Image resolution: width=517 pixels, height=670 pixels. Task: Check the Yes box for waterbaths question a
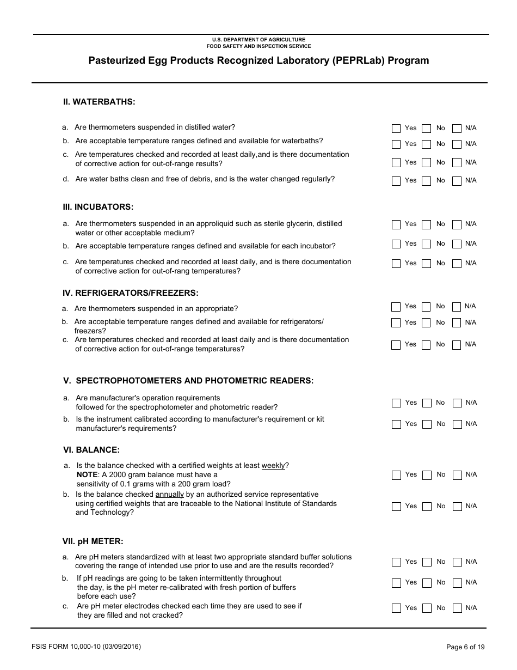[x=396, y=129]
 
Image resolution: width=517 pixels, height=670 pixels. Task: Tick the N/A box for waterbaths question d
[x=457, y=181]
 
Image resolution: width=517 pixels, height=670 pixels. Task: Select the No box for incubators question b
[x=427, y=244]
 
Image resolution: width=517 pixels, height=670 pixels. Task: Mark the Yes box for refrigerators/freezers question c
[x=396, y=345]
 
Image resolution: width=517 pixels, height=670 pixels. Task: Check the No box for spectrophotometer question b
[x=427, y=424]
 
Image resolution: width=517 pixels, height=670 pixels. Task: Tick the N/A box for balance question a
[x=457, y=475]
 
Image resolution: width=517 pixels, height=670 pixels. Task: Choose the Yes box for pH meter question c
[x=396, y=608]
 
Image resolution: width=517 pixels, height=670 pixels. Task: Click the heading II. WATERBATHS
[x=99, y=102]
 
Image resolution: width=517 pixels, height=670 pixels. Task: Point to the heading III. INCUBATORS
[x=98, y=207]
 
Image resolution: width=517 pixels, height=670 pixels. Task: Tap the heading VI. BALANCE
[x=91, y=450]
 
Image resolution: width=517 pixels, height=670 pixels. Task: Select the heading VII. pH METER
[x=93, y=541]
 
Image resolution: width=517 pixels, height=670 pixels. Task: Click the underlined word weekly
[x=273, y=466]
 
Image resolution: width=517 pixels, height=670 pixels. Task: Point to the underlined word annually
[x=170, y=495]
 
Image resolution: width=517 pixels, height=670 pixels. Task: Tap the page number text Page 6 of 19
[x=465, y=647]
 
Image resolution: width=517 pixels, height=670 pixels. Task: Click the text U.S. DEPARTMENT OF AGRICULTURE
[x=258, y=40]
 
